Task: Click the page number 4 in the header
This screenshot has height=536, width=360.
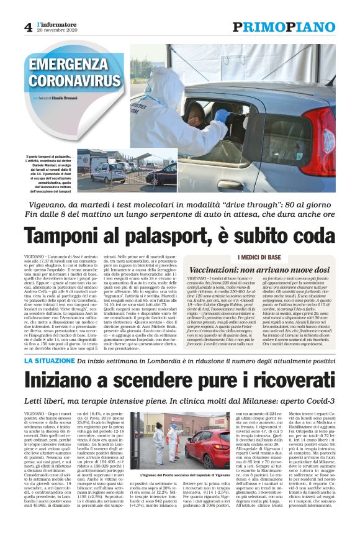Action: point(28,27)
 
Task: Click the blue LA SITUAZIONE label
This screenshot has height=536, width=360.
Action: point(53,343)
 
